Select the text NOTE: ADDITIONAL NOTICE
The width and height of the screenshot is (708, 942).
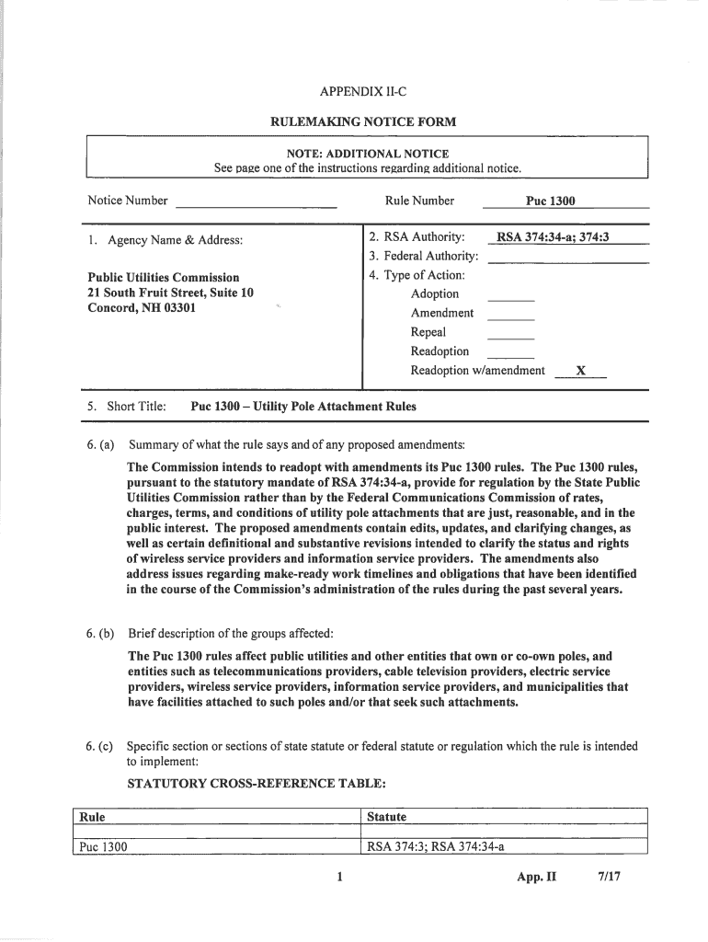[367, 154]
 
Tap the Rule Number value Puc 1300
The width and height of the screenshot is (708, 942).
[550, 201]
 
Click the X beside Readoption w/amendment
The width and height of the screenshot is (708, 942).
[580, 371]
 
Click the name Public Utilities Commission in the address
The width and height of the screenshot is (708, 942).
[163, 277]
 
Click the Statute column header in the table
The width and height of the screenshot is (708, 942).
[386, 817]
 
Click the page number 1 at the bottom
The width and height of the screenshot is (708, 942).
[339, 877]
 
